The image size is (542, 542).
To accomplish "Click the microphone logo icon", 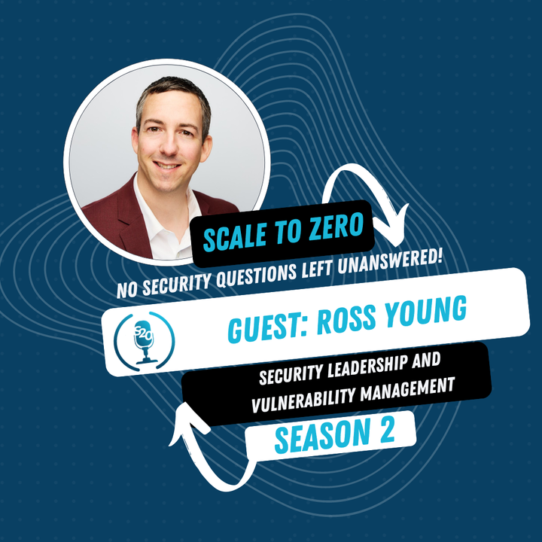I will point(143,336).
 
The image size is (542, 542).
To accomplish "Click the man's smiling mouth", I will point(168,166).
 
